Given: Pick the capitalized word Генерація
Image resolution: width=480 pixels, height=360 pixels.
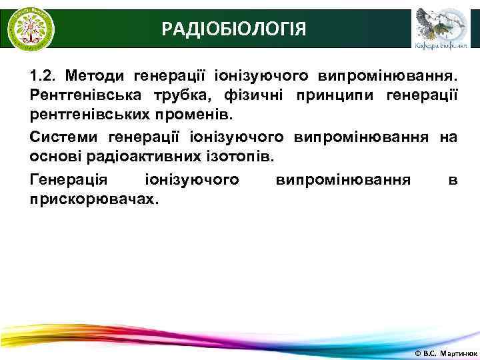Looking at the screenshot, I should (67, 179).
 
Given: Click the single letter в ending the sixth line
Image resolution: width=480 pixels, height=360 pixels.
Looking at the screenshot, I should (453, 179).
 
